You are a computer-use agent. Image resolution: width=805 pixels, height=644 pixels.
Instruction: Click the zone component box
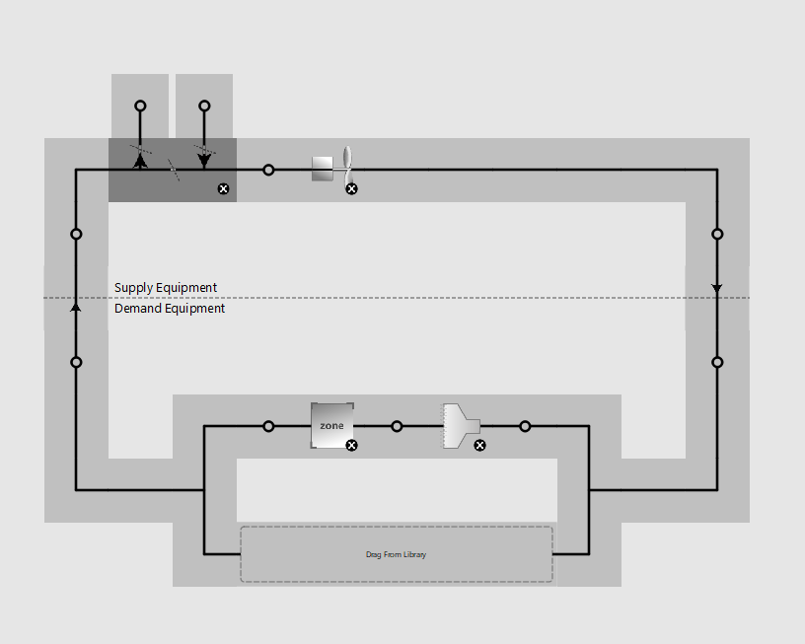click(x=332, y=425)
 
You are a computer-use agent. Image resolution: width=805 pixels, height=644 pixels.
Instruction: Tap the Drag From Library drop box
click(x=397, y=554)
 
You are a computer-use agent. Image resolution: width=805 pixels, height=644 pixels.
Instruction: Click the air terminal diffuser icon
click(x=461, y=426)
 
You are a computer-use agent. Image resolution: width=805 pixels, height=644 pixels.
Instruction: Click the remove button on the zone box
click(x=351, y=446)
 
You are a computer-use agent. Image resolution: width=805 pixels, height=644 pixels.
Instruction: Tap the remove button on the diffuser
click(x=479, y=446)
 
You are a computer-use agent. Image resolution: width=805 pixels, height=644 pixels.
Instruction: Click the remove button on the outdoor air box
click(x=223, y=188)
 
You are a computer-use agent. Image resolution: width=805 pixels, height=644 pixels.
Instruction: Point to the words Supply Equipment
click(x=166, y=287)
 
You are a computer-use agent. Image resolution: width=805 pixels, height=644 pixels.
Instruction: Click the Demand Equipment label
click(x=170, y=308)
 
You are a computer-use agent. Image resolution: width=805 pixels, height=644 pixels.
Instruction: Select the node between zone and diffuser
click(x=397, y=426)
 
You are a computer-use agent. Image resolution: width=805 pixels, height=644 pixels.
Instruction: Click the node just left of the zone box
click(x=268, y=426)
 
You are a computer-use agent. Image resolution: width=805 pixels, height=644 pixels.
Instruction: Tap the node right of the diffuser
click(x=525, y=426)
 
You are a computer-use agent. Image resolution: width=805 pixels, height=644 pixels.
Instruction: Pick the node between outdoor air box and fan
click(x=268, y=170)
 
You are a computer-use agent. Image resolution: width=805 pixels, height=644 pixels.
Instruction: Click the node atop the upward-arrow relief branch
click(x=140, y=106)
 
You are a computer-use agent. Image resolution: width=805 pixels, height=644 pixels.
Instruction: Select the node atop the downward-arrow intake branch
click(x=204, y=106)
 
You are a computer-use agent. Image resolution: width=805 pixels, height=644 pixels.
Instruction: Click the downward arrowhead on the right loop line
click(x=717, y=288)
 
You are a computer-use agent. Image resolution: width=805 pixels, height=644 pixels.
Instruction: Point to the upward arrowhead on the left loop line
click(x=75, y=307)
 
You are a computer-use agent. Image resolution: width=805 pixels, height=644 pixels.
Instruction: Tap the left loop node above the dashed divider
click(x=76, y=234)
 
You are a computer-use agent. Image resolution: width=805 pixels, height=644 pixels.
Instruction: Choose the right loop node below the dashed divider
click(x=717, y=362)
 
